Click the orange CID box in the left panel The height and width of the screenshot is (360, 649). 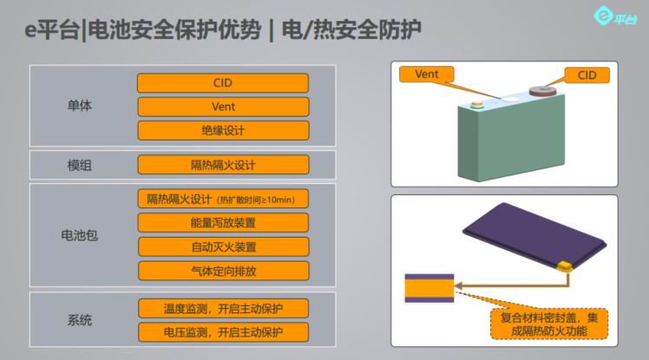223,82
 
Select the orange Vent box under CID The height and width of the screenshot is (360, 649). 223,107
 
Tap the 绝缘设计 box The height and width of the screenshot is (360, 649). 223,131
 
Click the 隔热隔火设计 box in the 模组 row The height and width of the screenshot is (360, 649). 223,165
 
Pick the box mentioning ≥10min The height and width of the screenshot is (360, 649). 223,199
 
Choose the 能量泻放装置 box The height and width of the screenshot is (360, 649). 223,223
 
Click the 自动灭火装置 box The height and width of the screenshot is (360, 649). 224,247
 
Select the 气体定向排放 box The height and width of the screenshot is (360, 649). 224,271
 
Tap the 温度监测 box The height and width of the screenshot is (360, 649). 224,309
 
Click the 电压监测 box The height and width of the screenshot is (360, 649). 224,332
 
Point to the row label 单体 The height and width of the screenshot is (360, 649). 80,106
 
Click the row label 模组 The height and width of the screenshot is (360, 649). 80,166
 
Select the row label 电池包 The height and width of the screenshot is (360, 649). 80,235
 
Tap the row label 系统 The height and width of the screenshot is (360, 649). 80,320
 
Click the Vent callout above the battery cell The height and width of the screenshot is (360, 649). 427,74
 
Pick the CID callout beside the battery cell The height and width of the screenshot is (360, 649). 587,75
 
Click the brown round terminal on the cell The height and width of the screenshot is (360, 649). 547,90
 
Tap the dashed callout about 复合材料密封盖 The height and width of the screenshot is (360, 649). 549,324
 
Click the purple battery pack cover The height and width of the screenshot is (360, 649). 534,236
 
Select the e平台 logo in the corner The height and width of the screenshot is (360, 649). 614,17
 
